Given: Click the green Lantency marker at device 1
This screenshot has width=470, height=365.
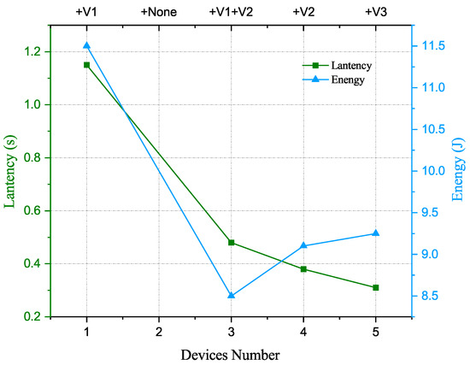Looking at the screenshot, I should [86, 65].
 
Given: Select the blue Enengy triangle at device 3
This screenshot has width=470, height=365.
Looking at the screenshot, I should [231, 296].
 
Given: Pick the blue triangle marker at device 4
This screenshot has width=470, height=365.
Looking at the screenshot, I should [303, 245].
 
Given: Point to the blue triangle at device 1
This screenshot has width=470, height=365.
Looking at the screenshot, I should [86, 45].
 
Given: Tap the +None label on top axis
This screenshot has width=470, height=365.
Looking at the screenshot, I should [158, 12].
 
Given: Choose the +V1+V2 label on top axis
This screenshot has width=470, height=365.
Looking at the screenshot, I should [231, 12].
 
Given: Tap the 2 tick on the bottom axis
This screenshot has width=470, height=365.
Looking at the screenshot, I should [158, 330].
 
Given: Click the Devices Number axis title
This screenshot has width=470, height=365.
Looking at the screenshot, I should [231, 351].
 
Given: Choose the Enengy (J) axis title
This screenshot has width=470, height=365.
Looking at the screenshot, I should [459, 171].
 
